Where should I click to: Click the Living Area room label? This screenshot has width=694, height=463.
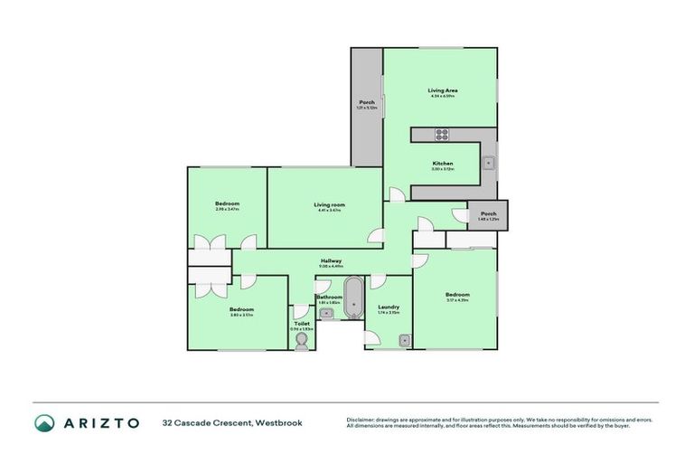click(x=442, y=90)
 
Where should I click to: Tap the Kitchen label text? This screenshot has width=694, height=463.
click(x=442, y=164)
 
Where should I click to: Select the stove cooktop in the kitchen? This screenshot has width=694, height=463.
click(x=443, y=135)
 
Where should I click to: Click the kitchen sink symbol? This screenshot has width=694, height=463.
click(x=487, y=164)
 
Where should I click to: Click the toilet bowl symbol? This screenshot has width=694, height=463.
click(x=302, y=338)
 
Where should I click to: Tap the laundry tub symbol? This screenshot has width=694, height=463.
click(x=405, y=340)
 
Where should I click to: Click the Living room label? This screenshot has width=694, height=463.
click(x=329, y=205)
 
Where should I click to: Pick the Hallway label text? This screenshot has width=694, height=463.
click(x=331, y=261)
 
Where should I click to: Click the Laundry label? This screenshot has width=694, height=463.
click(x=389, y=307)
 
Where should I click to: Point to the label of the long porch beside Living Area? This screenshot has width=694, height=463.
click(x=367, y=102)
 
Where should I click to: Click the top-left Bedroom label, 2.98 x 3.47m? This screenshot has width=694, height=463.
click(x=227, y=203)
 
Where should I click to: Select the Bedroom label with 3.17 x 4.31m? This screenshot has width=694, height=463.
click(x=456, y=295)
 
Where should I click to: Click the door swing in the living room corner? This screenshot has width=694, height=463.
click(x=374, y=235)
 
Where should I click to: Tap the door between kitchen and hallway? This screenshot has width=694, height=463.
click(x=396, y=194)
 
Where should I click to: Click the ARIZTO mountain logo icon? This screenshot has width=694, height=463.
click(x=44, y=422)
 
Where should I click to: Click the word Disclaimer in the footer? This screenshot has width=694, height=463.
click(x=361, y=419)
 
